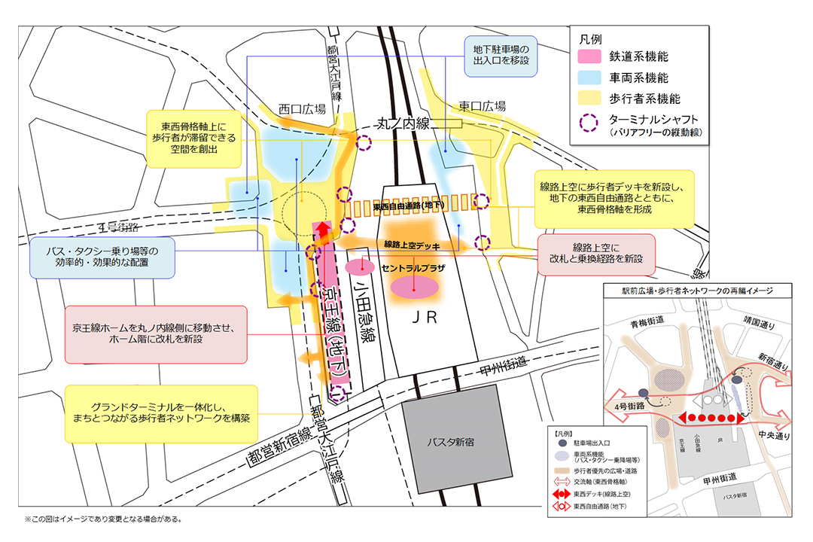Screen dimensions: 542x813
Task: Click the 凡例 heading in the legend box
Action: coord(589,38)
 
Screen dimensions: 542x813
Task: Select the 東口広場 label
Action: coord(481,106)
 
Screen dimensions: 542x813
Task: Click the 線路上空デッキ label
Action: coord(412,245)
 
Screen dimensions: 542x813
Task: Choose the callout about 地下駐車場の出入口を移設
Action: coord(501,56)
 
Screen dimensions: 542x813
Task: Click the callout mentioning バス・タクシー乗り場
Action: coord(102,257)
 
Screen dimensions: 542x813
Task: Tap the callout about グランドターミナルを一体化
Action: coord(161,410)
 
